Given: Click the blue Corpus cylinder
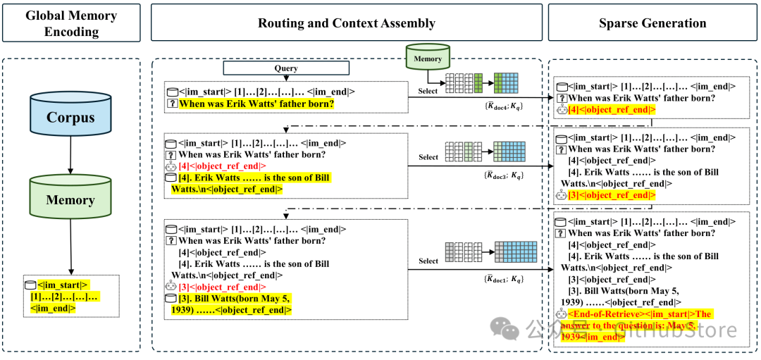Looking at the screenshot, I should [70, 117].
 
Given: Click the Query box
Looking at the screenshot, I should [286, 68].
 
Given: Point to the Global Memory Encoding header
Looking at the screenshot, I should [70, 23].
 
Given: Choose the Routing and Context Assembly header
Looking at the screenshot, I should [346, 23].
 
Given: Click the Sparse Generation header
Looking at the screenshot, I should [652, 23].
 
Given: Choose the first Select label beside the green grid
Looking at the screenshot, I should [428, 91].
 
